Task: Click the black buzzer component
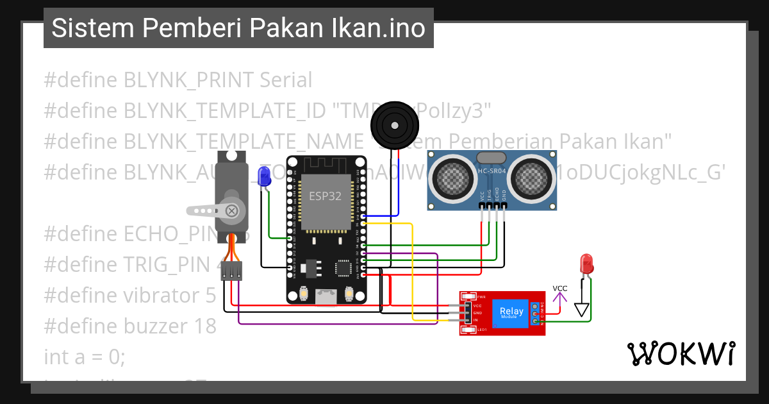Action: [395, 124]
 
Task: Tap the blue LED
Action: [263, 176]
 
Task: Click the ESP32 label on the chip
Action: [326, 196]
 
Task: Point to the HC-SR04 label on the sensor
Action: [492, 171]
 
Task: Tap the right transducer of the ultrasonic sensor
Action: [532, 175]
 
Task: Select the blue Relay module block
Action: [512, 313]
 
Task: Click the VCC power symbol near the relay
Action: [560, 289]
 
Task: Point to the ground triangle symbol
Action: [581, 310]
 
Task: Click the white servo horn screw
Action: [232, 210]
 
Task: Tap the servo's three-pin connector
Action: [231, 271]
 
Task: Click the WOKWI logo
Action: [681, 353]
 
